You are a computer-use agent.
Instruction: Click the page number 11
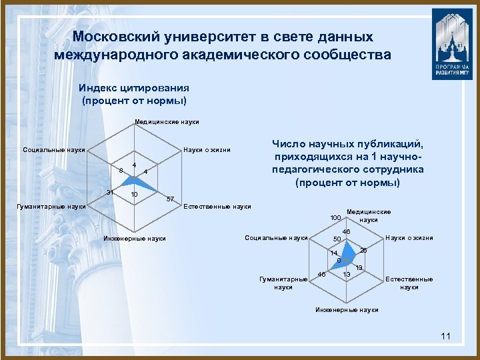446,336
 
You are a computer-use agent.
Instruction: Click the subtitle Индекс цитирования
134,87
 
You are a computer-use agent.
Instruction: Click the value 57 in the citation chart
170,199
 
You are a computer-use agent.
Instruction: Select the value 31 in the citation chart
111,193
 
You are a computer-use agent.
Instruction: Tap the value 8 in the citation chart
121,170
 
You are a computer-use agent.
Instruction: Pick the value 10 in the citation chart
134,195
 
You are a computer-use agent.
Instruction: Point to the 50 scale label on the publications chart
337,239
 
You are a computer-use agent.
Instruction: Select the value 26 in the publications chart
364,250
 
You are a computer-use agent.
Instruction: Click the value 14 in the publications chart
335,253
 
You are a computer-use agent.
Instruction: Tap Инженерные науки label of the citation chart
135,239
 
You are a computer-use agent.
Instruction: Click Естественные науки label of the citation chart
217,207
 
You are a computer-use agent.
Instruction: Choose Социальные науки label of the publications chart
277,238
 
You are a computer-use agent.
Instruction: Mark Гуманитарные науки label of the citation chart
51,207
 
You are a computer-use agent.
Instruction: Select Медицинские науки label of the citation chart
167,122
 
